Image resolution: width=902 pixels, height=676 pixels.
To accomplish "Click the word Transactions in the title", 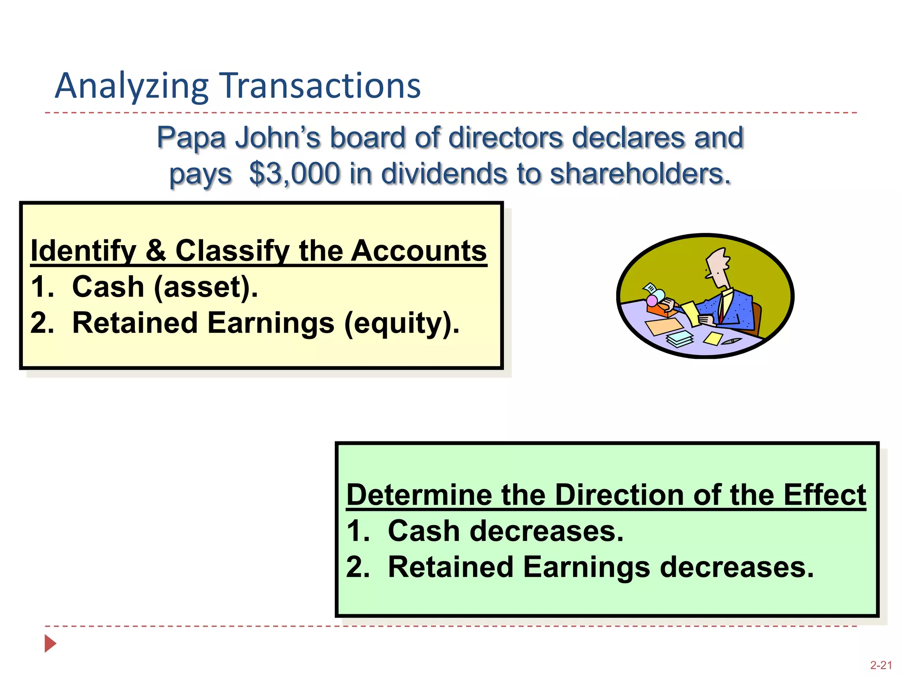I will [320, 86].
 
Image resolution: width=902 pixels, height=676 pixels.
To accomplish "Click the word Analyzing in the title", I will [131, 87].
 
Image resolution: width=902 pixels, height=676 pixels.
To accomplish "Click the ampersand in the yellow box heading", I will [156, 251].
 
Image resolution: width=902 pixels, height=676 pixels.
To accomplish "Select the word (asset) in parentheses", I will [205, 287].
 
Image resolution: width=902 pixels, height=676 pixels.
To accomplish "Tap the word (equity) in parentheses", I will [401, 323].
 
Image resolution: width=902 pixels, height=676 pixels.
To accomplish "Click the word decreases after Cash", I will [547, 531].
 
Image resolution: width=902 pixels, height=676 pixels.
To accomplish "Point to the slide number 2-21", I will [880, 665].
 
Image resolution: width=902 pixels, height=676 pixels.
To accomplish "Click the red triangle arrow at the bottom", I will [50, 643].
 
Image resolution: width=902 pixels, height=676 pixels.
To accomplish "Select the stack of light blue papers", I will [680, 339].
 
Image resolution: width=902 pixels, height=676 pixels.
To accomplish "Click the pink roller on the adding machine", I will [651, 301].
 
